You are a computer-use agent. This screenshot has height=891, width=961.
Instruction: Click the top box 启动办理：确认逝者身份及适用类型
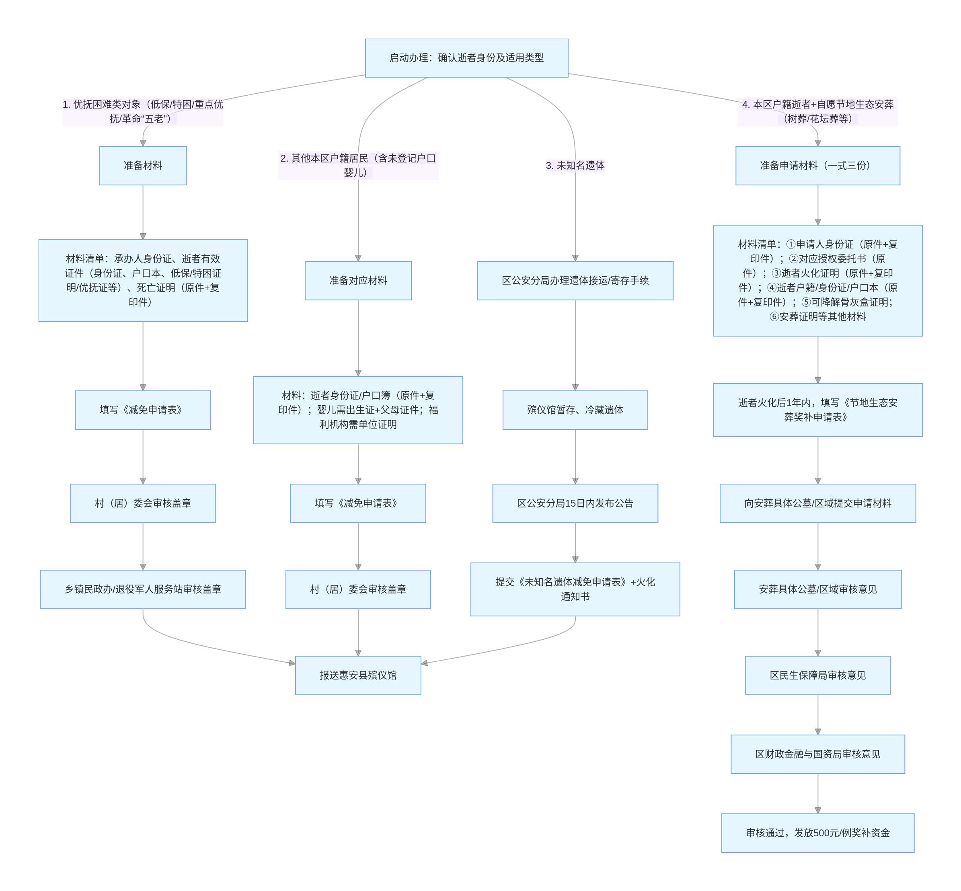click(466, 58)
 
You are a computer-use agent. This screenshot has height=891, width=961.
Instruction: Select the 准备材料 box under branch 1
click(143, 165)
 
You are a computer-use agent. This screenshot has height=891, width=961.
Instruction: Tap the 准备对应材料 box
click(358, 281)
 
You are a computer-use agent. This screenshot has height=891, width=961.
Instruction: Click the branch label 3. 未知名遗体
click(575, 165)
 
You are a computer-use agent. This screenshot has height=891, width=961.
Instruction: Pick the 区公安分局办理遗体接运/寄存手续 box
click(575, 281)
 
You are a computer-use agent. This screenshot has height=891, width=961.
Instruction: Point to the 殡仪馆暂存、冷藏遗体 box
click(575, 410)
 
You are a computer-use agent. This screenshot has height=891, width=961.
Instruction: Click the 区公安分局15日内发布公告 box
click(575, 503)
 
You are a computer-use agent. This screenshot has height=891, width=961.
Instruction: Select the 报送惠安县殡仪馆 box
click(358, 675)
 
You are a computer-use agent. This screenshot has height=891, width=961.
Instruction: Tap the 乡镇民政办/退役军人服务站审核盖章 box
click(143, 589)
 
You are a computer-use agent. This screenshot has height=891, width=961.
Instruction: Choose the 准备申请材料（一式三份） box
click(817, 165)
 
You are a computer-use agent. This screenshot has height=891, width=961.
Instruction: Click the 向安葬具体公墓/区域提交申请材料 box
click(817, 503)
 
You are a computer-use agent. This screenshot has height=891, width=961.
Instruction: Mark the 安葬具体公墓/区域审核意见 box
click(817, 589)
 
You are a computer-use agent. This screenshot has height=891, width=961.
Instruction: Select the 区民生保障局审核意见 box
click(817, 675)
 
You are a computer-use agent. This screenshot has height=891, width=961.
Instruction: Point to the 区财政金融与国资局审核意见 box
click(817, 754)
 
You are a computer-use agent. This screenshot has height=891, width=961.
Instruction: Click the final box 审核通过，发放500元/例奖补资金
click(817, 833)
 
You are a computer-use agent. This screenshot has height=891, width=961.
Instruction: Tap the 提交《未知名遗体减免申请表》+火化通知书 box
click(575, 589)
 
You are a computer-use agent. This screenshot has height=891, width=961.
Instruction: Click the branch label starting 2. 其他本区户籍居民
click(358, 165)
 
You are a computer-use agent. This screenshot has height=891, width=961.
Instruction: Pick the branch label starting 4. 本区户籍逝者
click(817, 111)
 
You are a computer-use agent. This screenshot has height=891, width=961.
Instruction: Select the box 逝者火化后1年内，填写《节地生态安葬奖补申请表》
click(817, 410)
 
